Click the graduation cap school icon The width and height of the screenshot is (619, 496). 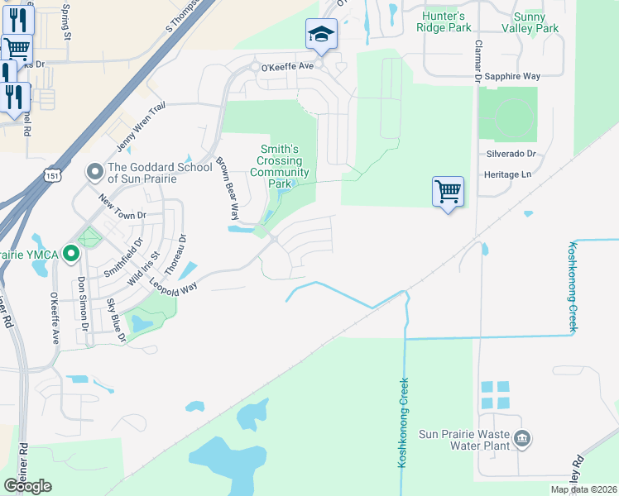click(x=321, y=34)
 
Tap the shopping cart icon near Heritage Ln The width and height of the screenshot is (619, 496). click(x=448, y=191)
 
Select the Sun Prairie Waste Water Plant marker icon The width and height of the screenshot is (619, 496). click(x=521, y=438)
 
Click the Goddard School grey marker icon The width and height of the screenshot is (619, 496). click(x=94, y=172)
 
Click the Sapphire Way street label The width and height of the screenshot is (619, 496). click(x=513, y=76)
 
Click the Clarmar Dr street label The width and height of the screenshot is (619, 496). click(x=477, y=63)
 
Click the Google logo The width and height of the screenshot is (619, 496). click(x=27, y=485)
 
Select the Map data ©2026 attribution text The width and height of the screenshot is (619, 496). click(x=583, y=489)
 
